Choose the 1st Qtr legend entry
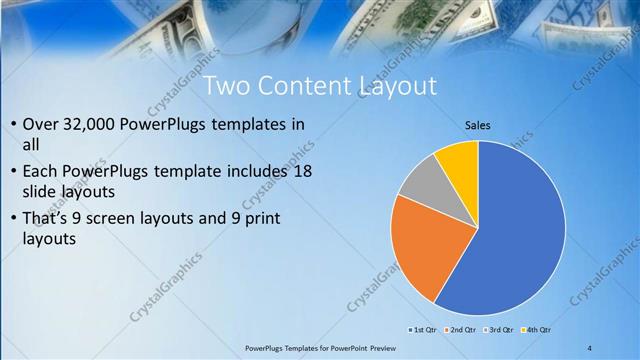(422, 329)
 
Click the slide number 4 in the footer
(589, 348)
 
